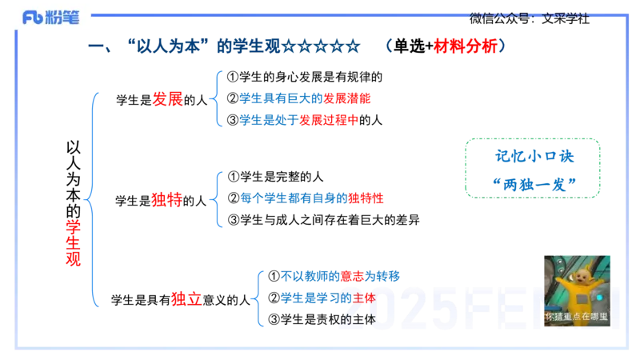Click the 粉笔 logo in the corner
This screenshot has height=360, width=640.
click(50, 17)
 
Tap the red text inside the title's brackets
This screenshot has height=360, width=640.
click(466, 46)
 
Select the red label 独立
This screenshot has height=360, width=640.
click(186, 299)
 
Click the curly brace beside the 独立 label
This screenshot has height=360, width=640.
click(259, 299)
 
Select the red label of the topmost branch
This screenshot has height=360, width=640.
click(169, 99)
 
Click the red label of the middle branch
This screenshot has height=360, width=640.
click(167, 200)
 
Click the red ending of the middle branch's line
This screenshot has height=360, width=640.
click(366, 198)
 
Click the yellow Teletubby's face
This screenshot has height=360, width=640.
click(578, 269)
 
